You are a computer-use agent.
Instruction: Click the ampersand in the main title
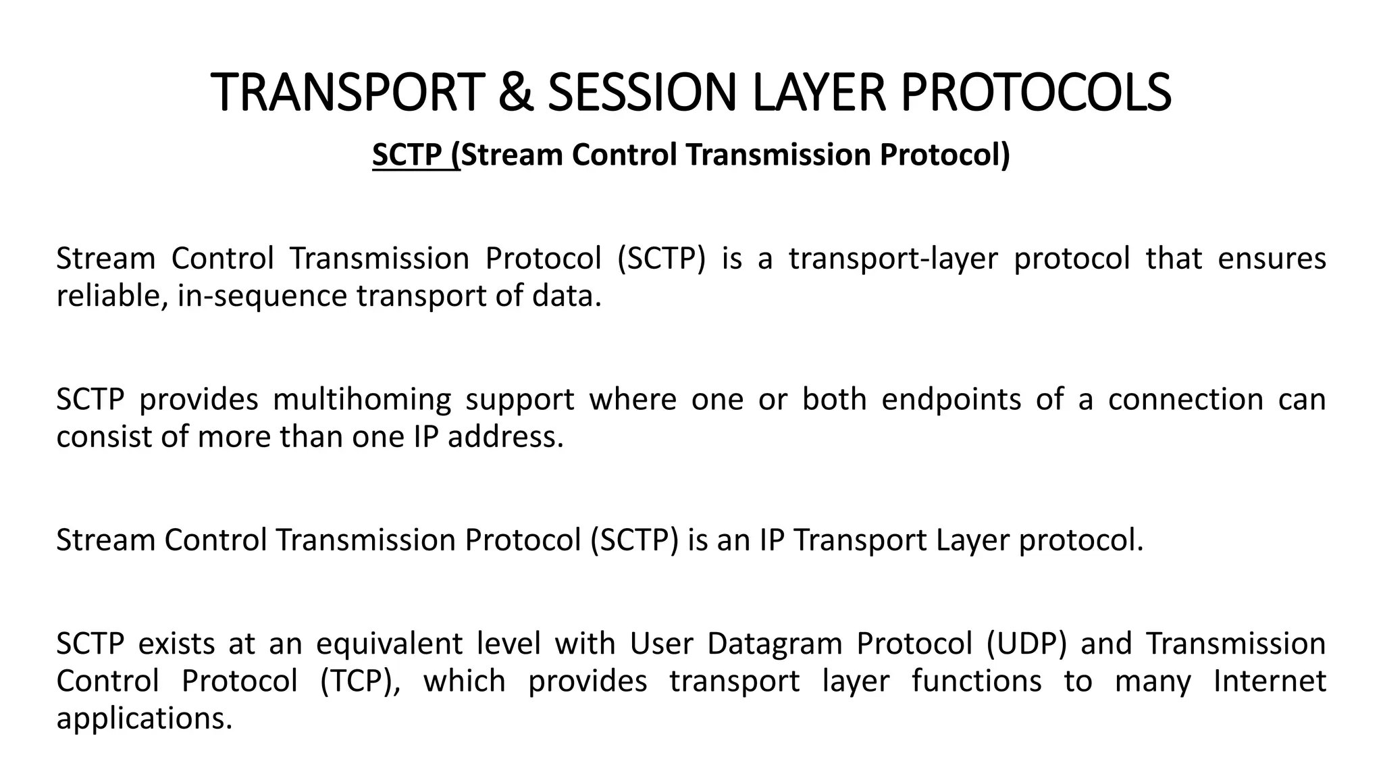[x=515, y=93]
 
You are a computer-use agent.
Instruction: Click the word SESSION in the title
[x=641, y=93]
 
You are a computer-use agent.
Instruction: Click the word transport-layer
[x=893, y=259]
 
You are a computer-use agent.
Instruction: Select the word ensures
[x=1272, y=259]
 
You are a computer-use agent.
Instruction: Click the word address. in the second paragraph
[x=505, y=438]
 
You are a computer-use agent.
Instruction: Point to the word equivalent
[x=389, y=644]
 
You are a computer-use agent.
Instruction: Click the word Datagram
[x=774, y=644]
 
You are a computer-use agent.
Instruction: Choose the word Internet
[x=1270, y=681]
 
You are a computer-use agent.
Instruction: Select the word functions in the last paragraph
[x=976, y=681]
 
